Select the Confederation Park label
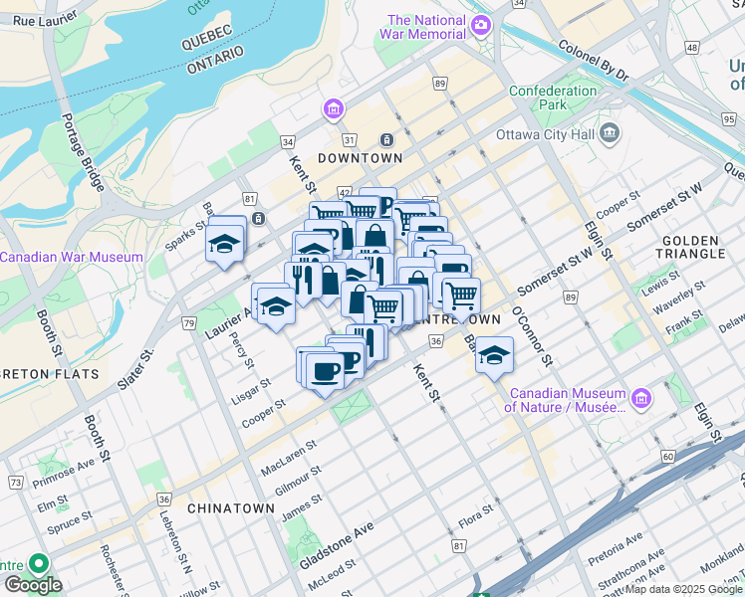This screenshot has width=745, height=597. (552, 98)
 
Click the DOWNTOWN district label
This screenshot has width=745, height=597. (360, 158)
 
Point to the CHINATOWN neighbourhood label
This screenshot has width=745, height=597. (230, 507)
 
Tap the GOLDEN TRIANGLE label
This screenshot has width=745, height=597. (690, 247)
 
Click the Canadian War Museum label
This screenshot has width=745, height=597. (72, 257)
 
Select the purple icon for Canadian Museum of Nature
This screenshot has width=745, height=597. (641, 398)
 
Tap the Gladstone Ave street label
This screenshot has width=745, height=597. (336, 544)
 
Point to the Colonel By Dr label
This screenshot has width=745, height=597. (594, 60)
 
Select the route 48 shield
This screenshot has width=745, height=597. (691, 48)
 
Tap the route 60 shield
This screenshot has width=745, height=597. (666, 457)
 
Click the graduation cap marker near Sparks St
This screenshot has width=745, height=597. (225, 243)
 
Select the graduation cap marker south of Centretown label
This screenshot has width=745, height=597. (494, 356)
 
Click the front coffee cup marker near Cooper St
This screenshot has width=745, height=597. (323, 373)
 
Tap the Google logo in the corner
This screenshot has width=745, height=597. (32, 585)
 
